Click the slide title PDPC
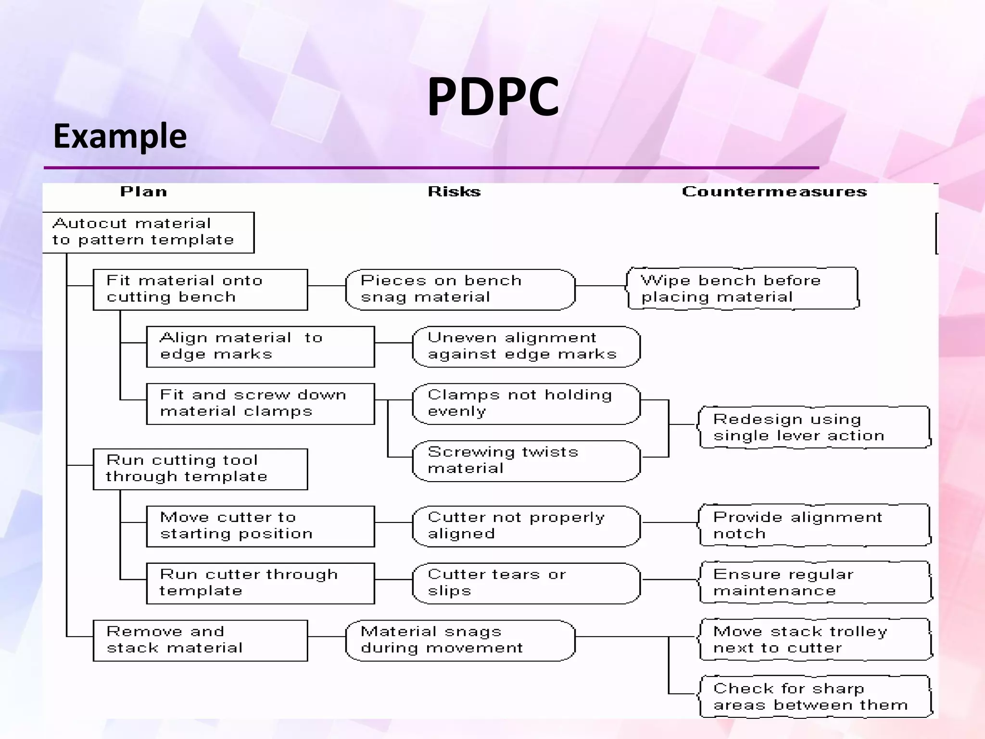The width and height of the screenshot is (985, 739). [493, 97]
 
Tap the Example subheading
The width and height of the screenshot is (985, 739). [120, 136]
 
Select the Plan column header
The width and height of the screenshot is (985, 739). [143, 192]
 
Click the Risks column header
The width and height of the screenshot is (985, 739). [454, 192]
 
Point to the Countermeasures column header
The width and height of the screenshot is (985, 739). [774, 192]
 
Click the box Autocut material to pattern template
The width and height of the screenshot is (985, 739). [148, 232]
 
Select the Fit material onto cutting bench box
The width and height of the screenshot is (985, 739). [200, 289]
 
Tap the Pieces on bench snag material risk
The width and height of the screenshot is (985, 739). [460, 289]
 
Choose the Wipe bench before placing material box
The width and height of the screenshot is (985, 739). [743, 288]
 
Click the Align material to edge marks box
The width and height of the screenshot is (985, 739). [260, 346]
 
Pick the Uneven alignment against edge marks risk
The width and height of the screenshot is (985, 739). [526, 346]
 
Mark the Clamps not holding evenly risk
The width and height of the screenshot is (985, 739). [526, 404]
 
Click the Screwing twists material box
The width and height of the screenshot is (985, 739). [526, 460]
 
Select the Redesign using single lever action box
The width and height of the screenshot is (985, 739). [815, 427]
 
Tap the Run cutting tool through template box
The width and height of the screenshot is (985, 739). [200, 469]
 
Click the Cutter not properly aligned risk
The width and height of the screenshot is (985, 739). [526, 526]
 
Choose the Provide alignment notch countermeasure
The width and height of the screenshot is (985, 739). [815, 525]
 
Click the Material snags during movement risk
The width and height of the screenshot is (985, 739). [460, 640]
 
